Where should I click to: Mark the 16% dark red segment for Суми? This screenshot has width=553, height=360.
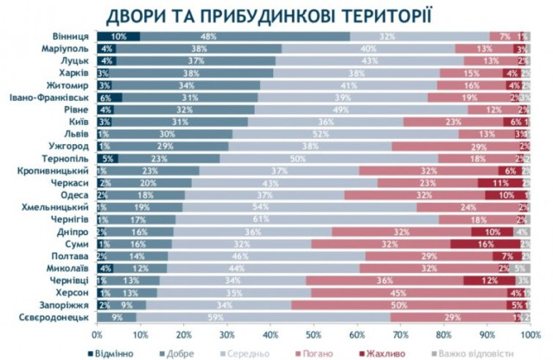tap(486, 244)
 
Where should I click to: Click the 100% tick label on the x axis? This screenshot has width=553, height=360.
tap(529, 333)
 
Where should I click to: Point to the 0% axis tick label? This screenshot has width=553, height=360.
tap(97, 333)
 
